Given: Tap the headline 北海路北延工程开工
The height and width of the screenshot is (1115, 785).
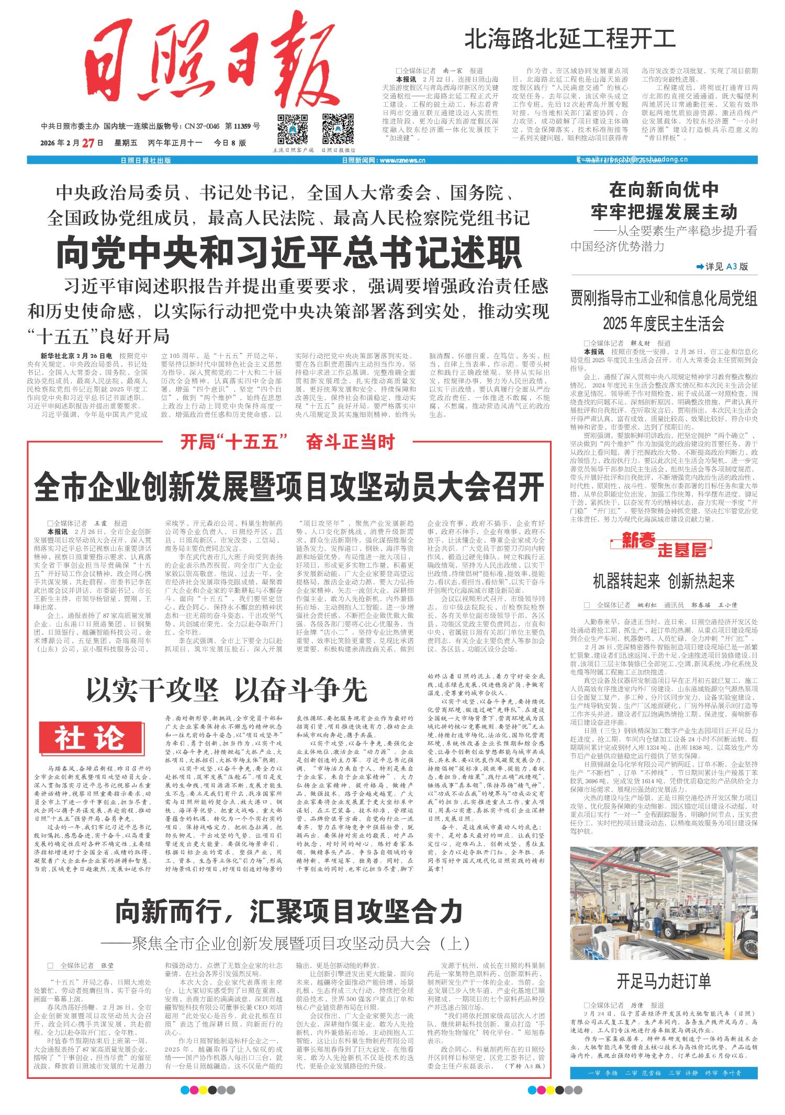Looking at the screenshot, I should (570, 40).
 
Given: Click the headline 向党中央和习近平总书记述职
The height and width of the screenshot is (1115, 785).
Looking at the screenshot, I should (288, 253).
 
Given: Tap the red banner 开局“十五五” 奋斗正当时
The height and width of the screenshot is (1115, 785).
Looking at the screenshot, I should (287, 442).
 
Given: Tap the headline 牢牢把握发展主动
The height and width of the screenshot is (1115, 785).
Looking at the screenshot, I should (664, 212).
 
